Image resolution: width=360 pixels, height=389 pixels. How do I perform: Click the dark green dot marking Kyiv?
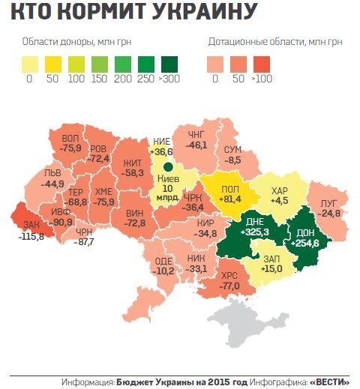click(x=169, y=166)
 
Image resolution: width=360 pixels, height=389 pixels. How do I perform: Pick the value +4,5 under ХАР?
click(x=278, y=200)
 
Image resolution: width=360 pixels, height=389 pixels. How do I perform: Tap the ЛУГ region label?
click(x=328, y=202)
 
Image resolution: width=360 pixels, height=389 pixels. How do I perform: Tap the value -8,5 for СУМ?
click(x=233, y=160)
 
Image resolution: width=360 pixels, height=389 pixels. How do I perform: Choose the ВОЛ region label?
click(x=70, y=139)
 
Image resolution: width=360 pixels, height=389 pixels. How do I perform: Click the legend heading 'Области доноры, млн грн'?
click(x=77, y=41)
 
